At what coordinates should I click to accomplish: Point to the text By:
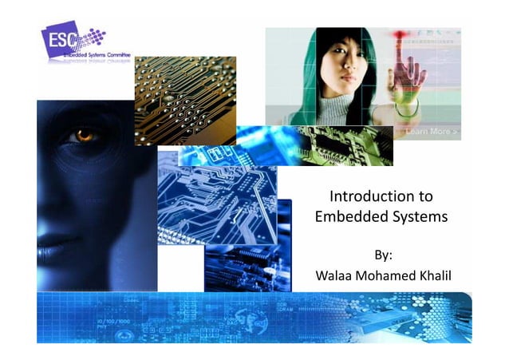point(384,255)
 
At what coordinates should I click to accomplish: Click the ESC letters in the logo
point(60,39)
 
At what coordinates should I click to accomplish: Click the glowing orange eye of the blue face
point(83,136)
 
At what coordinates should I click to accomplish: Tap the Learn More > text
point(432,131)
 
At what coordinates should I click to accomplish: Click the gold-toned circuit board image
point(185,100)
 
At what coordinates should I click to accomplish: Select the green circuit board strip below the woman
point(343,145)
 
